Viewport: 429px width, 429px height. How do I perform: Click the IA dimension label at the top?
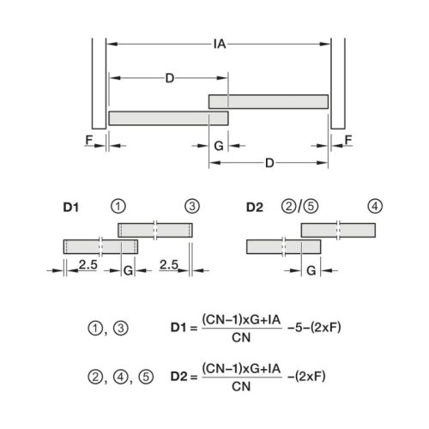220,44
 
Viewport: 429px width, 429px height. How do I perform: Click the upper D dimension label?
170,78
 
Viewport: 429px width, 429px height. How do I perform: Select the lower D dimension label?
269,163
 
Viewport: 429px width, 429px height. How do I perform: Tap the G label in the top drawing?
219,146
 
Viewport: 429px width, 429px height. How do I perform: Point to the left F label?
89,140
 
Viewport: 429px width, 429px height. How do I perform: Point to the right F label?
348,140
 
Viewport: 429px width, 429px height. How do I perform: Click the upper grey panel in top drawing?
269,102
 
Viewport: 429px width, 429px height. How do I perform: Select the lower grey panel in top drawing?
168,118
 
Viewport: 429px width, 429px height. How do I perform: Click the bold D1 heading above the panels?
70,207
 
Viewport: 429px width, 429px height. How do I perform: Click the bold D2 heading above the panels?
255,207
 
